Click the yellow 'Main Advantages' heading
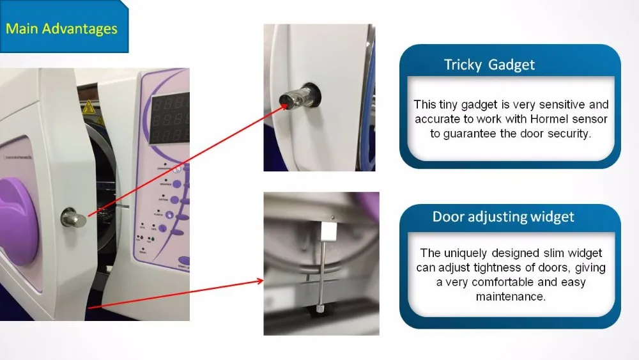coord(61,29)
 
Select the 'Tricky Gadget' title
coord(489,65)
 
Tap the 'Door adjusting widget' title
coord(503,217)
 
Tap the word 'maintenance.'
coord(511,297)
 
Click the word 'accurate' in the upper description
coord(437,120)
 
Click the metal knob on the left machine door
coord(73,218)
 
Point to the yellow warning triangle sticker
coord(88,107)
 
